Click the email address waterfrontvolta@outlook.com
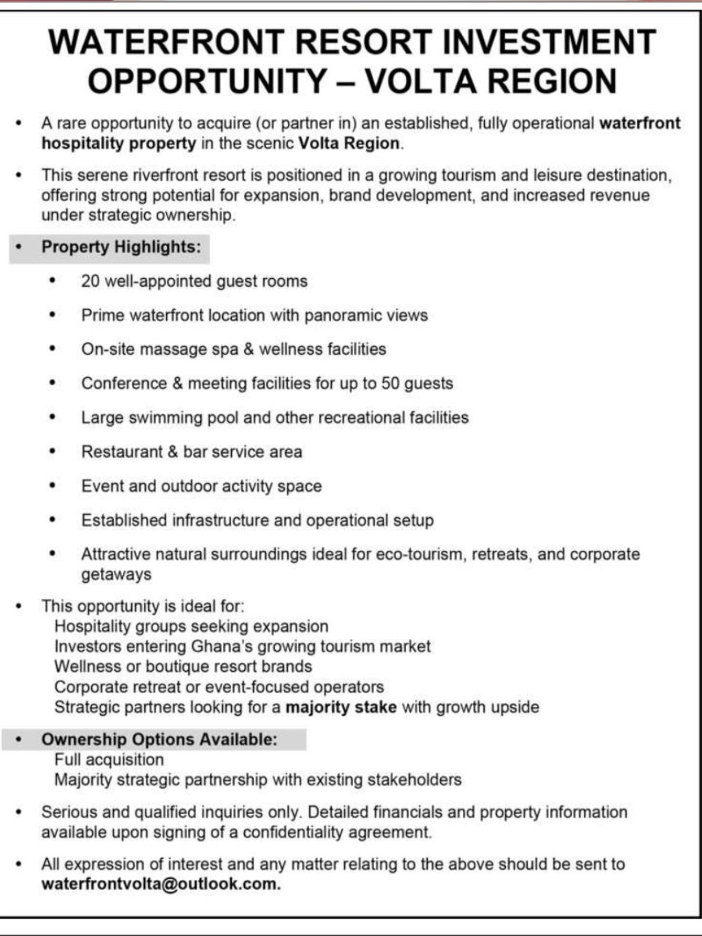pos(160,884)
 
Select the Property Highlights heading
pos(120,247)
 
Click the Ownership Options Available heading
pos(159,739)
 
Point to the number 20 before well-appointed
pos(90,281)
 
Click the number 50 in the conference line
pos(391,383)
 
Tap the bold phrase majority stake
pos(341,707)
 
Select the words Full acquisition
pos(109,759)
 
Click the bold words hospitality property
pos(118,143)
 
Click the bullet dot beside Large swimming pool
pos(52,417)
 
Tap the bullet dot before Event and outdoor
pos(52,486)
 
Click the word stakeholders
pos(413,780)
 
